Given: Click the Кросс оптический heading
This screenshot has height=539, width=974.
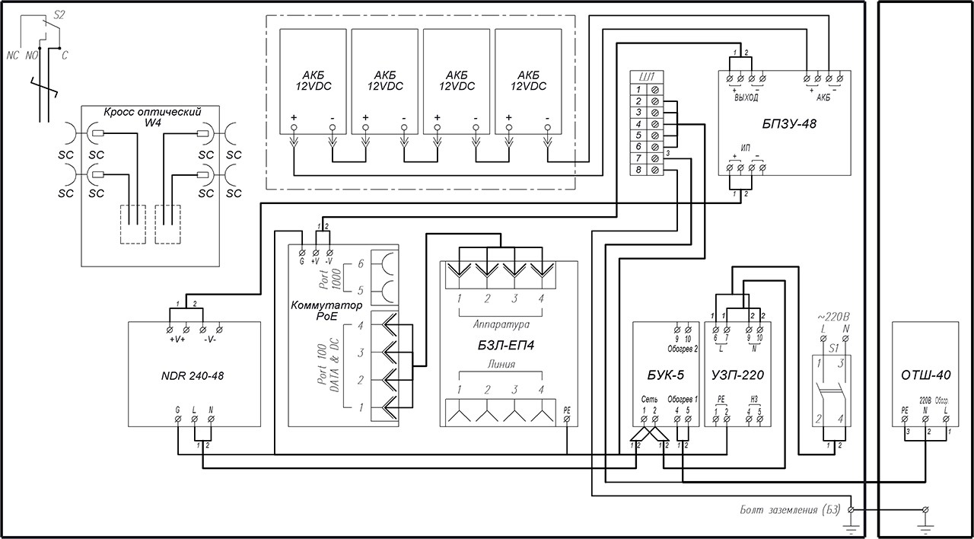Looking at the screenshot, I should click(x=152, y=113).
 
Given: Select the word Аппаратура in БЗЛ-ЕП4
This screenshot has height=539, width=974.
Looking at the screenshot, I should click(x=499, y=324).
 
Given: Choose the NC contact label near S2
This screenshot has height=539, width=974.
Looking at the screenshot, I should click(x=12, y=56).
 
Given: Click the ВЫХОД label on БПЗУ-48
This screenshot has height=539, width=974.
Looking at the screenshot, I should click(x=746, y=97).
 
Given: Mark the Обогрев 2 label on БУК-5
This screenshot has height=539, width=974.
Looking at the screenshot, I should click(x=683, y=349).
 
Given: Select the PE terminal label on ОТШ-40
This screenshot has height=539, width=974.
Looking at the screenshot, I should click(x=904, y=409).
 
